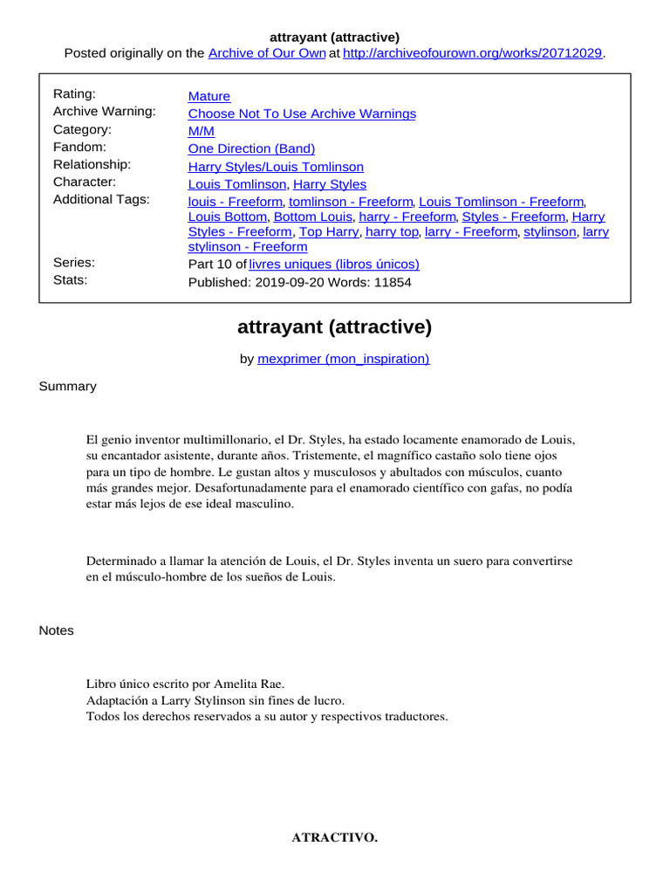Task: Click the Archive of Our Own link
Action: (x=266, y=53)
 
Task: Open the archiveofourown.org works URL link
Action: (x=472, y=53)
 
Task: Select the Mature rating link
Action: (x=209, y=97)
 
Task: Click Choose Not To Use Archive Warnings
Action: (x=302, y=113)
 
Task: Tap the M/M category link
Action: (x=201, y=131)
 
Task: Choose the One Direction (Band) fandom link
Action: (x=251, y=148)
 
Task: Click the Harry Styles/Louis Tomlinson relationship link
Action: (x=276, y=167)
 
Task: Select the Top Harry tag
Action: (x=329, y=232)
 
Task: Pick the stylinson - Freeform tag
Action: (x=248, y=247)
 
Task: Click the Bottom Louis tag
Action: (x=312, y=217)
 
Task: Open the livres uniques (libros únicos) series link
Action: (x=334, y=265)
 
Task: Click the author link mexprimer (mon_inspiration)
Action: (x=343, y=359)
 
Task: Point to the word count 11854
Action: (x=392, y=282)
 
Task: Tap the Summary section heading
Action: (x=67, y=387)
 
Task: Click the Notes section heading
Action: (x=57, y=630)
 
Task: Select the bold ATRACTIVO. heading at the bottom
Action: (x=334, y=838)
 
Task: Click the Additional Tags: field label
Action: (x=101, y=199)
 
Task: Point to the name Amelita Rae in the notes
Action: (x=248, y=684)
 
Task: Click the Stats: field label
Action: (x=70, y=280)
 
